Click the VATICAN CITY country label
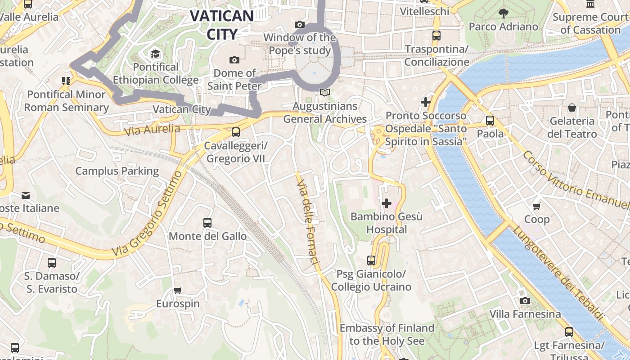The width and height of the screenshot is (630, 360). (x=222, y=25)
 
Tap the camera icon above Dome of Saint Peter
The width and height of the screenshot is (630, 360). (x=234, y=60)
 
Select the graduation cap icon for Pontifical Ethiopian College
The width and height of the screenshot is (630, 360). (x=155, y=54)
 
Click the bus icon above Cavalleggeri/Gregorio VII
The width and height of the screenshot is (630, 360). (x=235, y=132)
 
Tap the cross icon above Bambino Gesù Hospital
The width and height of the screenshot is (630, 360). (x=386, y=203)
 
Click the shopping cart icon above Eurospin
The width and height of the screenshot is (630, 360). (x=178, y=290)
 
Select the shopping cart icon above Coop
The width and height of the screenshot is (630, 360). (x=536, y=206)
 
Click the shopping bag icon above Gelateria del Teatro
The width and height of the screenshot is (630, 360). (x=572, y=108)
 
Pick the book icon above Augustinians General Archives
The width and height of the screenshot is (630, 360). (x=324, y=93)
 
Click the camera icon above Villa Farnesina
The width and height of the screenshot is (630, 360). (x=525, y=301)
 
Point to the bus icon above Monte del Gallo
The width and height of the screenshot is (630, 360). (x=207, y=222)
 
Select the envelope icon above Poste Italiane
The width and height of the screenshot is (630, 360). (x=26, y=195)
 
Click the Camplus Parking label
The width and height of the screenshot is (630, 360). (x=117, y=171)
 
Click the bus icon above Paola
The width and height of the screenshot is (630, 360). (x=490, y=121)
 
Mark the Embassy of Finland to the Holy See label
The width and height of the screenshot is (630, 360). (x=387, y=334)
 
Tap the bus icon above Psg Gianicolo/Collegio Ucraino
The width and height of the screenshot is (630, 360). (x=371, y=260)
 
